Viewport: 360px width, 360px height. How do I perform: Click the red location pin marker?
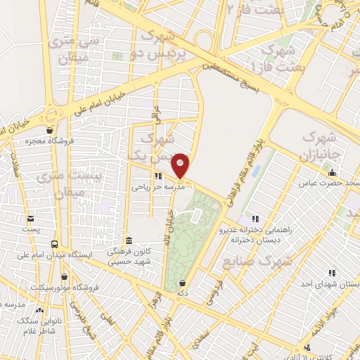tap(181, 165)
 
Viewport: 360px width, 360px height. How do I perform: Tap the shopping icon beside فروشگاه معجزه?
tap(49, 130)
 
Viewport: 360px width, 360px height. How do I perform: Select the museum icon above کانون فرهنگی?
tap(127, 240)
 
